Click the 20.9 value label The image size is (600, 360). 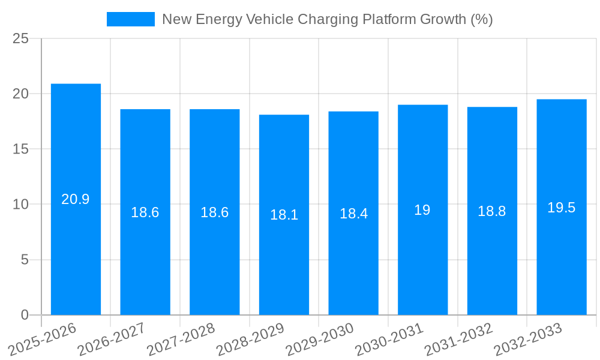(x=76, y=200)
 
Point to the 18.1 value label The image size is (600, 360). (x=284, y=215)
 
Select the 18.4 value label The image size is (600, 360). (x=353, y=214)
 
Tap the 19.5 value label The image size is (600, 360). (x=562, y=208)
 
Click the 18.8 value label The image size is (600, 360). (x=492, y=211)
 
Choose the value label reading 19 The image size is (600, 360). (x=422, y=210)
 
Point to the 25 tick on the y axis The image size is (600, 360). (x=21, y=38)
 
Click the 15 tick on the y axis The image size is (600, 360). (x=21, y=149)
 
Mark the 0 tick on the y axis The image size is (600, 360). (x=25, y=315)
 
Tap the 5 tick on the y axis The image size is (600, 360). (x=25, y=260)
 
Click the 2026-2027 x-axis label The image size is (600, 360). (x=112, y=339)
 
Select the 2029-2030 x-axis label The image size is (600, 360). (x=320, y=339)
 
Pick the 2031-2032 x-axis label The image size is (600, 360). (x=459, y=339)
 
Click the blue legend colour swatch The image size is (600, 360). (x=130, y=19)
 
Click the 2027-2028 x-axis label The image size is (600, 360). (x=181, y=339)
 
